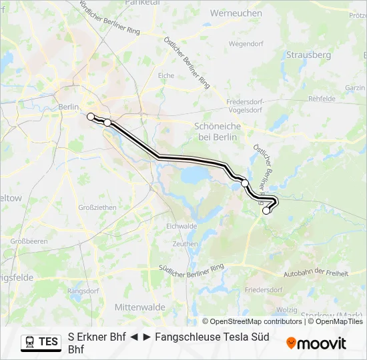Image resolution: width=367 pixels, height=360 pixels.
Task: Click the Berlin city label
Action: point(69,107)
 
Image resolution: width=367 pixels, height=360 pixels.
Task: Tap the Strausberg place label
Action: point(308,55)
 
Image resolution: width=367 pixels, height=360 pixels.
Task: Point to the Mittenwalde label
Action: point(139,307)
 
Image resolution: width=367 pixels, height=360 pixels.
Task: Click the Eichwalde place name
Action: point(181,226)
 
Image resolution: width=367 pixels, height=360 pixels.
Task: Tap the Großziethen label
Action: point(97,207)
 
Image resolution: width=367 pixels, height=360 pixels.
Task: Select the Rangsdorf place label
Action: point(83,291)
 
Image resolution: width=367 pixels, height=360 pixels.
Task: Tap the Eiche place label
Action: point(166,76)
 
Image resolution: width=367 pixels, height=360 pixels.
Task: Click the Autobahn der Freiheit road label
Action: point(316,272)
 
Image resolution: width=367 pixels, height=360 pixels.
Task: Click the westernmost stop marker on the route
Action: point(91,117)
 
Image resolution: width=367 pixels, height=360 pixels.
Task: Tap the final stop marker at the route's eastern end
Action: point(266,211)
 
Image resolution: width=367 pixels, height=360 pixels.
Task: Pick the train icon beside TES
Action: point(30,342)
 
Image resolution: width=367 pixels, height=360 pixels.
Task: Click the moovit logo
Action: point(316,343)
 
